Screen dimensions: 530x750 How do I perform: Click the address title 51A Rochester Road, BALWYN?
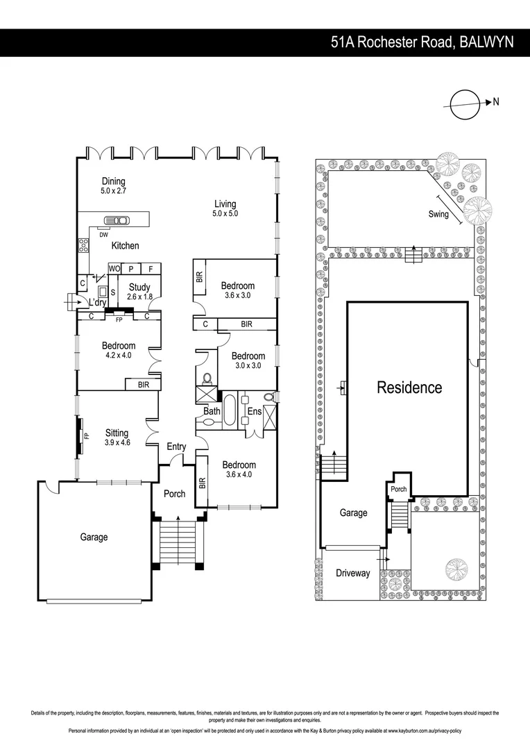tap(422, 42)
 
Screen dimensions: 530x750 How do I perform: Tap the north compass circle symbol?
tap(465, 105)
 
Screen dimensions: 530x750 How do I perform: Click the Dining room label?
tap(114, 181)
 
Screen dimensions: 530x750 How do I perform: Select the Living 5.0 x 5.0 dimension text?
tap(225, 214)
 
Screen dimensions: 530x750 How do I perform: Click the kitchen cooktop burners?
tap(84, 245)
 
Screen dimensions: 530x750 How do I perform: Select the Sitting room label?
tap(117, 433)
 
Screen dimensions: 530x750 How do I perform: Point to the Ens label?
tap(255, 412)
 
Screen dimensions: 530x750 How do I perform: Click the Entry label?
tap(176, 447)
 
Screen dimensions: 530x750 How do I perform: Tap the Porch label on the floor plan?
tap(174, 494)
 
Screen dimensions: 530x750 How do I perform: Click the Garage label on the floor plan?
tap(94, 537)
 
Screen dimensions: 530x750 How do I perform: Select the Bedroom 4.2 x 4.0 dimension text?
tap(118, 355)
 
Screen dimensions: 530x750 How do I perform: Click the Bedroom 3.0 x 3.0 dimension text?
tap(248, 365)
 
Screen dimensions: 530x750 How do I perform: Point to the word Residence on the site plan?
tap(409, 387)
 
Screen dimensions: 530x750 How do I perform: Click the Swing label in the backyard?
tap(438, 215)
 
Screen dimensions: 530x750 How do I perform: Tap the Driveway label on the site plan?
tap(353, 574)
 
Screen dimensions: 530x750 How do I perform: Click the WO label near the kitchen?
tap(114, 269)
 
